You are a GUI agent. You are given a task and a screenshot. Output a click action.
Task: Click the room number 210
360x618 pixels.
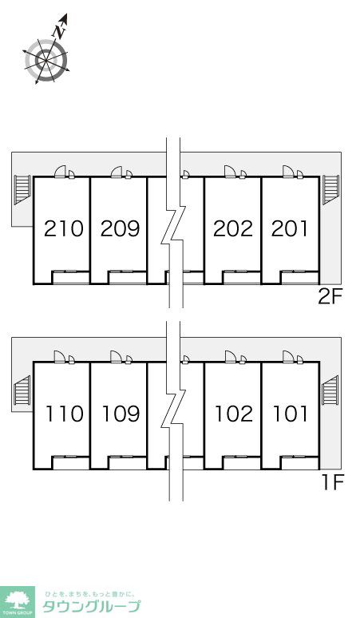pos(63,228)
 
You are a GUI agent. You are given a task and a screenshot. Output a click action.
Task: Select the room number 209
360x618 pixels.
pos(120,228)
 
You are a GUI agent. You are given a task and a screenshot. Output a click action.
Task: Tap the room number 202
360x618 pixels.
pos(233,228)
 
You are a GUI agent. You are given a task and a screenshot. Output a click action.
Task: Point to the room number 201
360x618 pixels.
pos(289,228)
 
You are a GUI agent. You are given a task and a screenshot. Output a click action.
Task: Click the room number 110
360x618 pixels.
pos(64,414)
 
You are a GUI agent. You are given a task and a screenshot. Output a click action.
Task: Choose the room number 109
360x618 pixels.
pos(121,414)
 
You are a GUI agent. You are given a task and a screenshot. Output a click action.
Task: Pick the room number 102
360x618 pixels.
pos(234,414)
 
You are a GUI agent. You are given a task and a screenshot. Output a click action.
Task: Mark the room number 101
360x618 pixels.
pos(291,414)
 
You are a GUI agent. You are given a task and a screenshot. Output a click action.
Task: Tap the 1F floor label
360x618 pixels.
pos(333,482)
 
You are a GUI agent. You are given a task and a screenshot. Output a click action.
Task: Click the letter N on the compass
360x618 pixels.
pos(59,32)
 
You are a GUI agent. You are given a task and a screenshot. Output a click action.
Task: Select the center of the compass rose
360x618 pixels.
pos(46,60)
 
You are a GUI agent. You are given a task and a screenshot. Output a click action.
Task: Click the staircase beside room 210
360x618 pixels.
pos(22,190)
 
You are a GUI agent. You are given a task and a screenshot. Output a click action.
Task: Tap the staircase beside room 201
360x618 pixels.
pos(330,190)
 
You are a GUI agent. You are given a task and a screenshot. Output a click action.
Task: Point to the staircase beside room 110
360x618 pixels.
pos(22,390)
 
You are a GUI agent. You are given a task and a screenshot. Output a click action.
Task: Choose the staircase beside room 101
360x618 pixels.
pos(330,390)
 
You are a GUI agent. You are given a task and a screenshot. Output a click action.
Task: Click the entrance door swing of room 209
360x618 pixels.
pos(117,172)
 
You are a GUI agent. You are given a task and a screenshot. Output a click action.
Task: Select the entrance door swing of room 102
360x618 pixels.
pos(231,357)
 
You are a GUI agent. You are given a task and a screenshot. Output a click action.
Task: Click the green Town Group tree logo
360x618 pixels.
pos(18,601)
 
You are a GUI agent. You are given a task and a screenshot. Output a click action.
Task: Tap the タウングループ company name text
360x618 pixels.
pos(91,606)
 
